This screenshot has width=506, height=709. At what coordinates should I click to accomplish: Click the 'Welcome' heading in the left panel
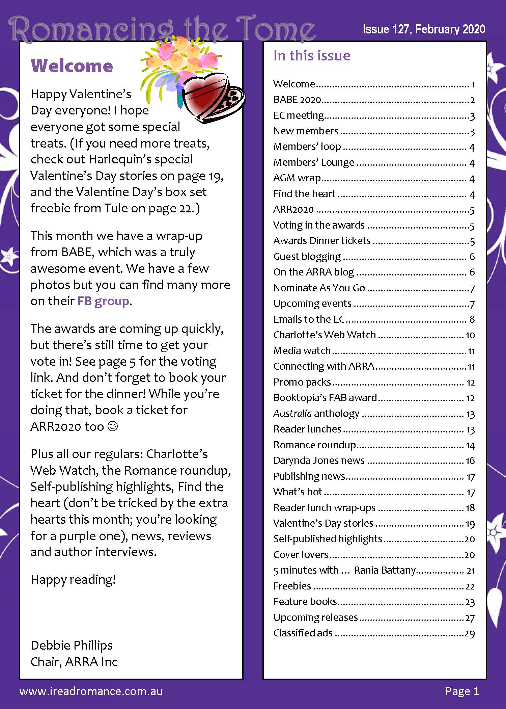(x=72, y=65)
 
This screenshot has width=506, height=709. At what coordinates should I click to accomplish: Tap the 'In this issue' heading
(x=312, y=56)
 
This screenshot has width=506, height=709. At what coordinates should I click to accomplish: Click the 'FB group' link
(x=103, y=301)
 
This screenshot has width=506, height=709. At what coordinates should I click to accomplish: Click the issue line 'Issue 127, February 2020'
(x=424, y=29)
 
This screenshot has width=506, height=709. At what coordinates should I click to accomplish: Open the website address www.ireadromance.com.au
(x=91, y=691)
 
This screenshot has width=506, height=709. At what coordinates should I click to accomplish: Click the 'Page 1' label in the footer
(x=462, y=691)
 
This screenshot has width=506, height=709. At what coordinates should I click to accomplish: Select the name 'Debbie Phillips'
(x=72, y=645)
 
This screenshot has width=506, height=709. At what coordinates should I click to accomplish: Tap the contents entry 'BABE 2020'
(x=297, y=100)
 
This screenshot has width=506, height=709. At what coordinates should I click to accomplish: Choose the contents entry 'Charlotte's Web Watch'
(x=325, y=335)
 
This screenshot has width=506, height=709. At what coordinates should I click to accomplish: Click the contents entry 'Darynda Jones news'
(x=319, y=461)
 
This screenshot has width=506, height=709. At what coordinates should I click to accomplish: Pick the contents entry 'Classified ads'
(x=303, y=633)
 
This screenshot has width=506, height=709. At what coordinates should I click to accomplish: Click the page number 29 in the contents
(x=470, y=634)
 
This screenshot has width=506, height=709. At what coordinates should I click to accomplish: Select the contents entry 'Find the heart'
(x=304, y=194)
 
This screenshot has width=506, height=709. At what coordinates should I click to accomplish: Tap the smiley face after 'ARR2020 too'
(x=113, y=426)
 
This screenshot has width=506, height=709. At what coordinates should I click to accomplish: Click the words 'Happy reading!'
(x=73, y=580)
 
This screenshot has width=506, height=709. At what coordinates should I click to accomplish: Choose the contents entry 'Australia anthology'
(x=316, y=414)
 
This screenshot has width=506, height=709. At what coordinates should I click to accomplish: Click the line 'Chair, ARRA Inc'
(x=74, y=662)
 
